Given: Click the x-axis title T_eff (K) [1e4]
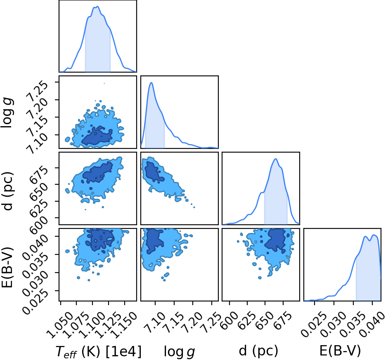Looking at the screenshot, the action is click(99, 351).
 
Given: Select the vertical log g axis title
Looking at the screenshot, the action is click(7, 112).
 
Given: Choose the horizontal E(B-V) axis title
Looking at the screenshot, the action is click(340, 351).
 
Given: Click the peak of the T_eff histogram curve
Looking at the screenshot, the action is click(97, 7).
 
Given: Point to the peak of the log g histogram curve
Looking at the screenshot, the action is click(151, 82).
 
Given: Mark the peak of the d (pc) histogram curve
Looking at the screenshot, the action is click(276, 159).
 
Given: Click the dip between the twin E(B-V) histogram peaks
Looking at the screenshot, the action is click(370, 240).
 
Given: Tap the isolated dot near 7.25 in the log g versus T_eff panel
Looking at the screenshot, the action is click(104, 84).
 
